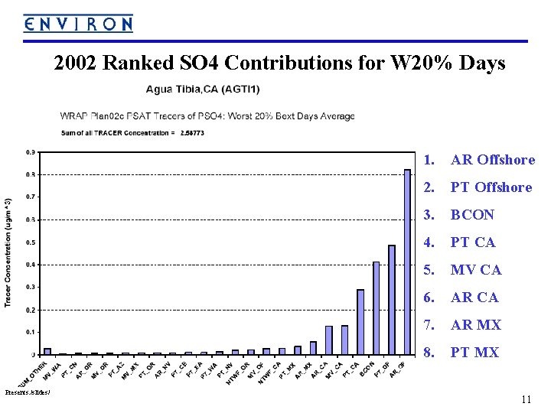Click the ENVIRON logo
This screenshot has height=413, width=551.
click(x=78, y=23)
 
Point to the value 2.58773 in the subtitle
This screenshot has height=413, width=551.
click(x=191, y=132)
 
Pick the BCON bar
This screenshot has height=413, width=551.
click(x=376, y=308)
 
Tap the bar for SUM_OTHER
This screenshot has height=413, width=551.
click(x=47, y=351)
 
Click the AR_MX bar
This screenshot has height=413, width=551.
click(x=313, y=348)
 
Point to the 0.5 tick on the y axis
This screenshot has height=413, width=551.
click(x=28, y=242)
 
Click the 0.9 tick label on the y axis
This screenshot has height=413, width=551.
click(x=28, y=151)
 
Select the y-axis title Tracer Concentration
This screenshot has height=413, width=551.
click(x=8, y=252)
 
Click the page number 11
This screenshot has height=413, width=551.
click(x=525, y=399)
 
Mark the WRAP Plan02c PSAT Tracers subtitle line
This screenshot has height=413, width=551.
click(x=207, y=116)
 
